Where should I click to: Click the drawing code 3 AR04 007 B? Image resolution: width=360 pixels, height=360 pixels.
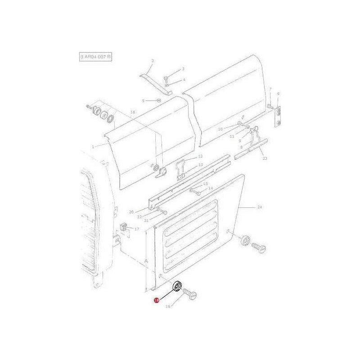95,57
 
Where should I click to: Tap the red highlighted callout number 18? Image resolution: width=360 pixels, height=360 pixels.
156,300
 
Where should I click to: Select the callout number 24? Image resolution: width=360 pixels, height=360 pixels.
260,207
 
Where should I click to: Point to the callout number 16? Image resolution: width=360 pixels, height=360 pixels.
133,112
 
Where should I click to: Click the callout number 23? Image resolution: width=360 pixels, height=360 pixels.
265,158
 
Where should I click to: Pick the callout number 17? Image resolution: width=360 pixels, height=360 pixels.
137,229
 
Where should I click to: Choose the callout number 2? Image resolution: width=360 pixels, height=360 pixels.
153,61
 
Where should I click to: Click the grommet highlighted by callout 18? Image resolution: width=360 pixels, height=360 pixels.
177,286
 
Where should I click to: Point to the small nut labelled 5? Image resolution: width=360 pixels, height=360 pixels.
158,100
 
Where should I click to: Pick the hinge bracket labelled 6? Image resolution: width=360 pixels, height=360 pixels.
279,115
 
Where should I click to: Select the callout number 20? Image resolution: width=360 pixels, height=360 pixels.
131,212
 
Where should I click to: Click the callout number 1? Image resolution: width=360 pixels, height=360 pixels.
93,147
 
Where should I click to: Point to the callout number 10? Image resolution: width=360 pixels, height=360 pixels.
220,129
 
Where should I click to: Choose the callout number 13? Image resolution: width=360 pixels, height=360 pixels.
201,165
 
